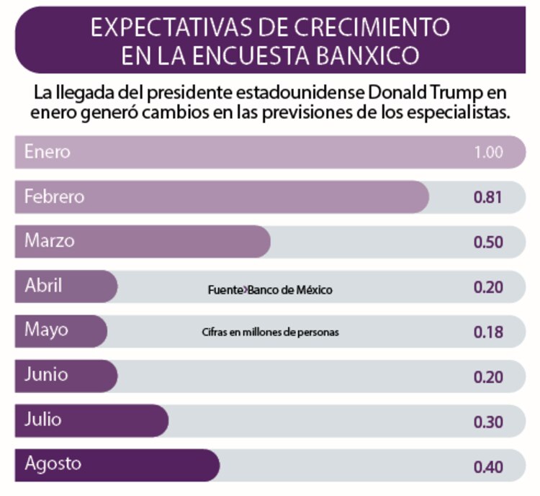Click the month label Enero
(x=48, y=152)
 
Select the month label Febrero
(x=54, y=197)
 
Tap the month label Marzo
(x=49, y=240)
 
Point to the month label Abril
(x=43, y=285)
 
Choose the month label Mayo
(x=46, y=330)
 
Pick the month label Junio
(x=46, y=374)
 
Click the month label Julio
(x=42, y=419)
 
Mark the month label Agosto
(x=53, y=464)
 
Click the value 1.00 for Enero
(x=488, y=153)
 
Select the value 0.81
(x=488, y=197)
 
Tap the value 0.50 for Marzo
(x=488, y=242)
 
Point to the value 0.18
(x=488, y=333)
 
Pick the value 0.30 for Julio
(x=488, y=422)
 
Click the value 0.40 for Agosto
(x=488, y=466)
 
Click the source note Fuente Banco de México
(x=270, y=290)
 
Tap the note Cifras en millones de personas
(x=270, y=333)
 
